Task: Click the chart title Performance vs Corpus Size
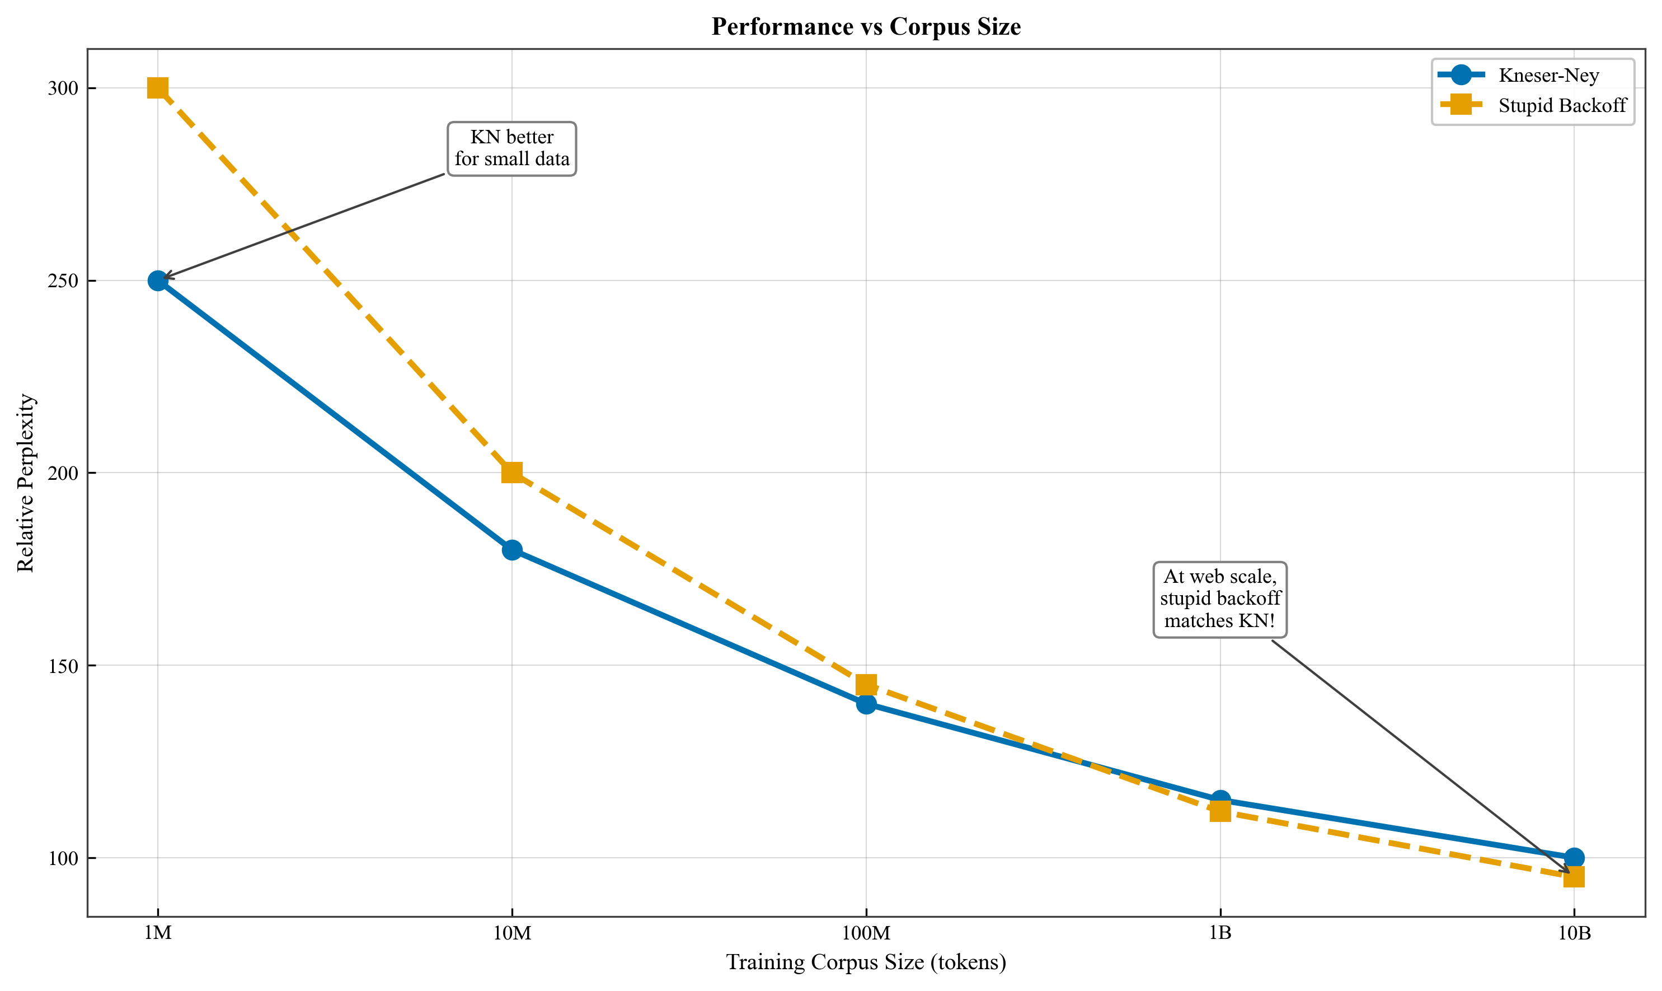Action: (866, 27)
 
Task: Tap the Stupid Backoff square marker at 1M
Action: (157, 88)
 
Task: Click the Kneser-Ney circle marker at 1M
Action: (157, 281)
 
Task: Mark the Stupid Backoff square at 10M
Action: (512, 473)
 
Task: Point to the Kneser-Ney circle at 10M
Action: (512, 550)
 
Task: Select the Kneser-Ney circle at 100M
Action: (866, 704)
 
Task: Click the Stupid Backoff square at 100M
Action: (866, 685)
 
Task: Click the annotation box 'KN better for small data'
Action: (512, 148)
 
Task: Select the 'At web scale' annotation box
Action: (1220, 599)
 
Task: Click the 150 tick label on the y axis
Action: (63, 666)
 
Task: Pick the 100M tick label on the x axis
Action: (866, 933)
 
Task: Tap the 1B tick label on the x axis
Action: (1220, 933)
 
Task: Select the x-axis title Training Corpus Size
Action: (866, 962)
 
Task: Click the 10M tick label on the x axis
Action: (512, 933)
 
